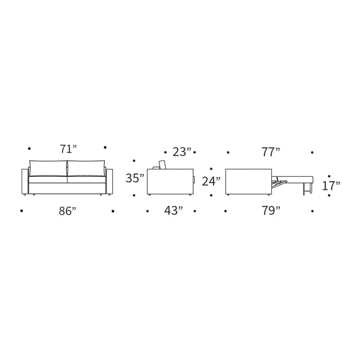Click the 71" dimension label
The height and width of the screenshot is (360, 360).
[x=68, y=149]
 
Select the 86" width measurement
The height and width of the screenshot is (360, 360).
[x=68, y=211]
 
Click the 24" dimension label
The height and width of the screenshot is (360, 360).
[x=211, y=181]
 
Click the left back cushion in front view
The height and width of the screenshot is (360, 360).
[x=48, y=168]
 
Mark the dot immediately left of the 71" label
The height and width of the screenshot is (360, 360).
[x=29, y=148]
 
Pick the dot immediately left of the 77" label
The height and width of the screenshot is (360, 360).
[x=228, y=151]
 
